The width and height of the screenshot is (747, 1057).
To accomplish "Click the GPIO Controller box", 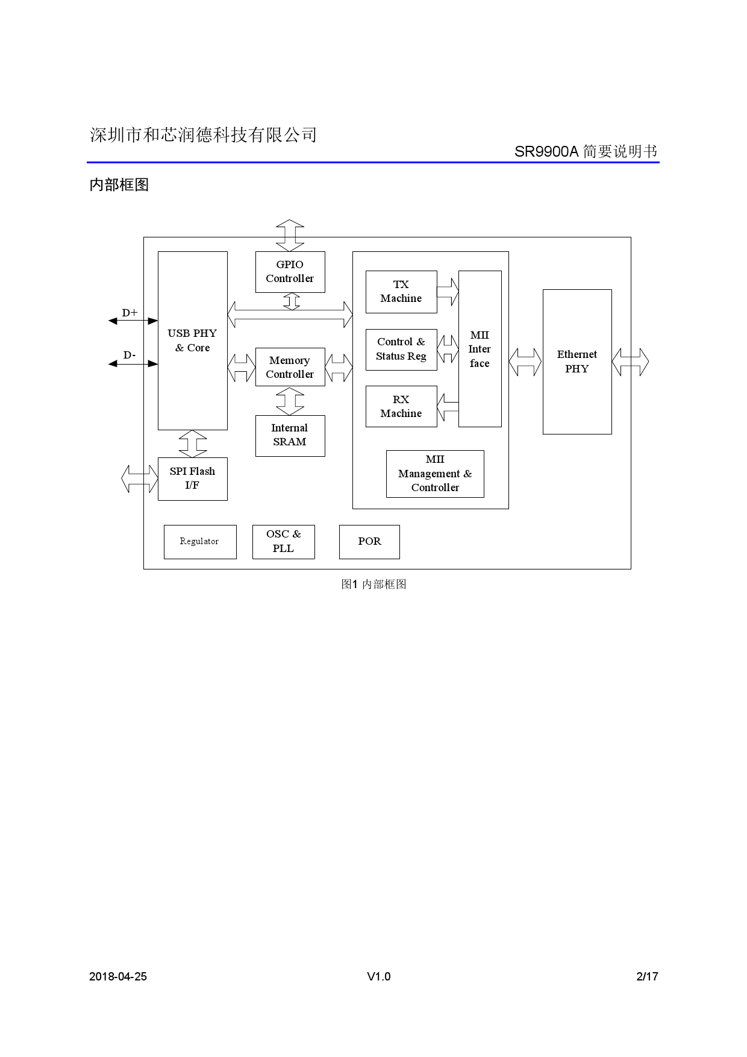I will point(290,272).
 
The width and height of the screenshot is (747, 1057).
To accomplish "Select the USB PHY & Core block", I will point(192,340).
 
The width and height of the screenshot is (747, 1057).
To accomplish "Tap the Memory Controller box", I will point(290,367).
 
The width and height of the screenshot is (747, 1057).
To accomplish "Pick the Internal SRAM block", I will point(290,435).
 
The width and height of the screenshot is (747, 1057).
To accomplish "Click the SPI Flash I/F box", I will point(192,478).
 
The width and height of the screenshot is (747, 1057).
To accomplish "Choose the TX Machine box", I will point(401,292).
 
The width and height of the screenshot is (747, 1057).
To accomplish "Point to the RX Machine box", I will point(401,407).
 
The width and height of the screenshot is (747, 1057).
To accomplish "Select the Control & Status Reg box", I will point(401,350).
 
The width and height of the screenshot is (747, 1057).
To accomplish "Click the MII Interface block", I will point(480,349).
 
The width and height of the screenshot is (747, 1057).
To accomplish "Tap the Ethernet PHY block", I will point(577,362).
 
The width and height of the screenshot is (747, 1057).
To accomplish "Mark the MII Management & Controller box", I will point(435,474).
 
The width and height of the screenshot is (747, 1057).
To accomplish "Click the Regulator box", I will point(199,542).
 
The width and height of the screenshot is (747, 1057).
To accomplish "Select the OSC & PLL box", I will point(283,542).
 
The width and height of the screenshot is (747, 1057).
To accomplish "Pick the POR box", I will point(369,542).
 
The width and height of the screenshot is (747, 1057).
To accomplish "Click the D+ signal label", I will point(130,313).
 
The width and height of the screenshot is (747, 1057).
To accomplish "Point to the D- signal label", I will point(130,356).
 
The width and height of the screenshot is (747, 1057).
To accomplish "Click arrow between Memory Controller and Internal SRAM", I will point(290,401).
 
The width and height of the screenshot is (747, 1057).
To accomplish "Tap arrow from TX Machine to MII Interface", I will point(448,292).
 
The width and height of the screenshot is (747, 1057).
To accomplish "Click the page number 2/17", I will point(647,977).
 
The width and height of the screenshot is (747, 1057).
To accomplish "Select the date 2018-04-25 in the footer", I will point(118,977).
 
